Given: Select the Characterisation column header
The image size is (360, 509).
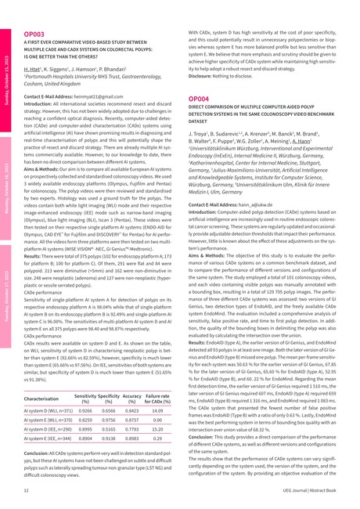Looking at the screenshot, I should pyautogui.click(x=47, y=399).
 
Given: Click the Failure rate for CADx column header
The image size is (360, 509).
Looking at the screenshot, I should pyautogui.click(x=160, y=399).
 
